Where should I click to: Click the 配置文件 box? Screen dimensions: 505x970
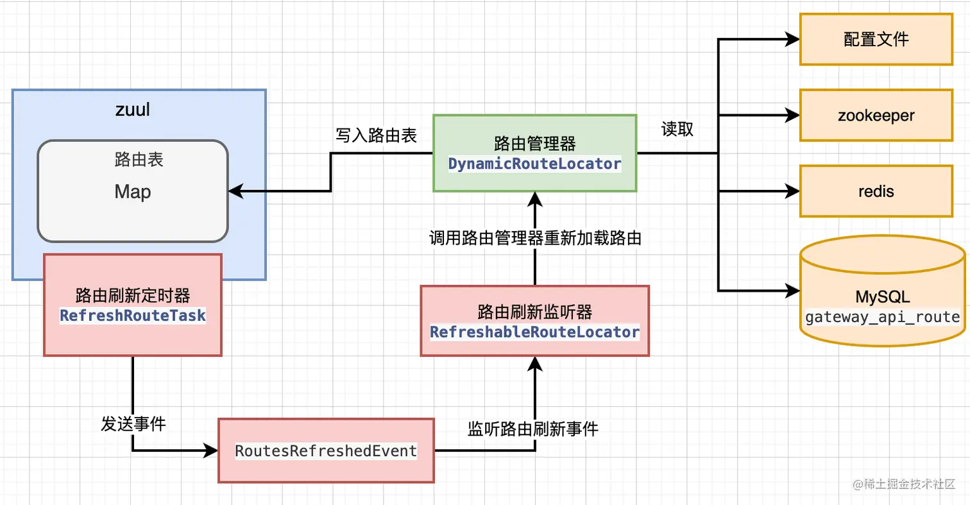pos(876,40)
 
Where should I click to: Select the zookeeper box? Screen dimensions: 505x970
pos(876,116)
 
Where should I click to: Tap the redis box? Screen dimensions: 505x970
pos(876,191)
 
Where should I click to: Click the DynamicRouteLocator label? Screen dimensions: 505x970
pos(534,164)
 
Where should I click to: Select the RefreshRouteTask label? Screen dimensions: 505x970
pos(133,316)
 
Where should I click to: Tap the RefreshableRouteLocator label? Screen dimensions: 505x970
pos(534,332)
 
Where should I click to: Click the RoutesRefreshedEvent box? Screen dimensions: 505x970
pos(326,450)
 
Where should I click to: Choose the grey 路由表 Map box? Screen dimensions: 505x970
pos(133,191)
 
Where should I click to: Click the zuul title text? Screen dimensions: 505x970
pos(133,109)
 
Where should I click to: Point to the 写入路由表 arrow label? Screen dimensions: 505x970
pos(376,135)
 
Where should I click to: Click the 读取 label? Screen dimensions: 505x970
pos(677,129)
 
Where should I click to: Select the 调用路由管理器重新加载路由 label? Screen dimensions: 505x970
pos(535,238)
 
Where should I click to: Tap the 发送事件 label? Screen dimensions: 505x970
pos(133,424)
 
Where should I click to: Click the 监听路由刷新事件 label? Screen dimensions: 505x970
pos(532,429)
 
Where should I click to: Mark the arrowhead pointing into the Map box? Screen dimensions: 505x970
pos(235,191)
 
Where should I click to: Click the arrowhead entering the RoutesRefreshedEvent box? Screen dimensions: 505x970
pos(212,450)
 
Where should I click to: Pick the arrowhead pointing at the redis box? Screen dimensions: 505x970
pos(794,191)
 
